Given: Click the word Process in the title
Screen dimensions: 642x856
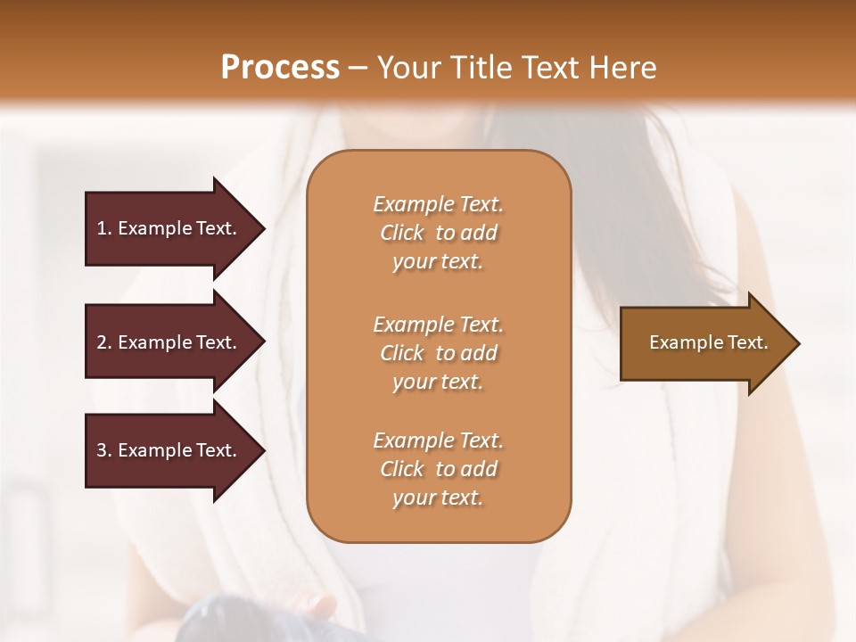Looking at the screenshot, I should point(280,68).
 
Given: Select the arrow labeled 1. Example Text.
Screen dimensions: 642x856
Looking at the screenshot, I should point(169,228).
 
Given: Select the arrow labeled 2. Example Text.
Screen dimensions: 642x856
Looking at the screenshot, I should point(169,342).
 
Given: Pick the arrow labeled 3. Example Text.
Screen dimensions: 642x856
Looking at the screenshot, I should point(169,450).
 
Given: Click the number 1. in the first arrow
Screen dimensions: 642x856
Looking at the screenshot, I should point(104,228).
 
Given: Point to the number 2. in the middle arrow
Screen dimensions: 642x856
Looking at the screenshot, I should point(104,342).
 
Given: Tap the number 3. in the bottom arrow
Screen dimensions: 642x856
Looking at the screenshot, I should point(104,450).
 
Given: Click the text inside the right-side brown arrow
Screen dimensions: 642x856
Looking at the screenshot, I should point(708,342).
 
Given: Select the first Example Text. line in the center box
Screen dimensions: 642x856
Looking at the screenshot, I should point(438,204).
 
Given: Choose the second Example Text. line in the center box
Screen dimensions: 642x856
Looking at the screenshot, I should point(438,325).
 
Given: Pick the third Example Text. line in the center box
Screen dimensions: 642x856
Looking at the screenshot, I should point(438,440).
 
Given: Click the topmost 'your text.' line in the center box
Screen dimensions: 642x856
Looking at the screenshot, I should point(438,262).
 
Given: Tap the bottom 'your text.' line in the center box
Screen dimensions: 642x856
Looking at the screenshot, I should point(438,498).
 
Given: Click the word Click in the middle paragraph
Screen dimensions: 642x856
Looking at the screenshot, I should point(402,353).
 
